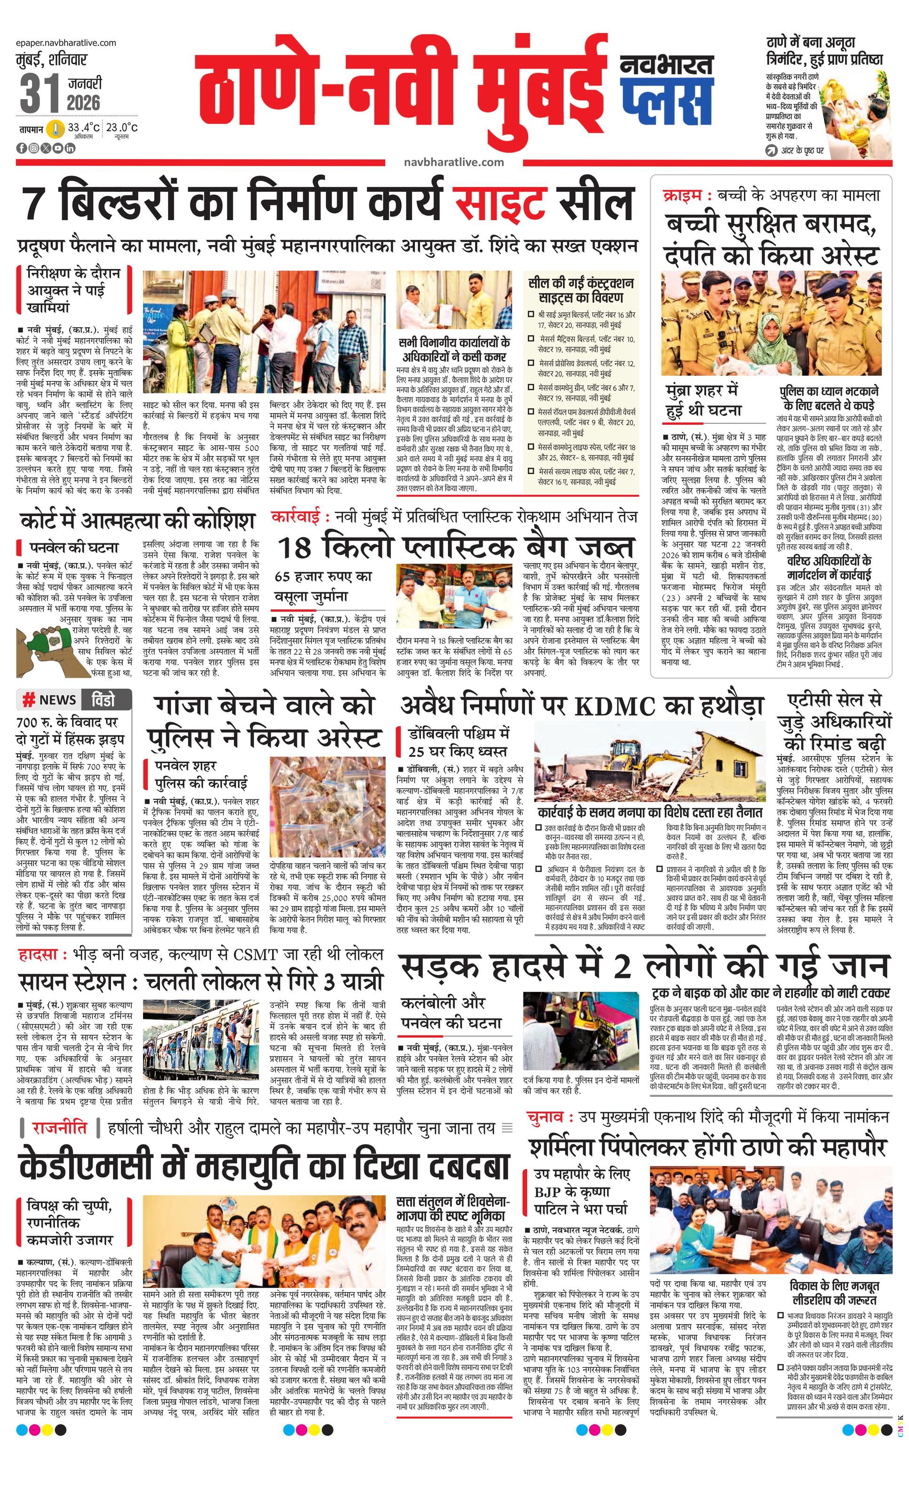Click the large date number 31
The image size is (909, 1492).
pyautogui.click(x=40, y=93)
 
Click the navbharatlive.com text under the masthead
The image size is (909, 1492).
pyautogui.click(x=454, y=162)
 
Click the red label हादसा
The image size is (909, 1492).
pyautogui.click(x=39, y=955)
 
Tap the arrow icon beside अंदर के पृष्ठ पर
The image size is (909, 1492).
pyautogui.click(x=772, y=151)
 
